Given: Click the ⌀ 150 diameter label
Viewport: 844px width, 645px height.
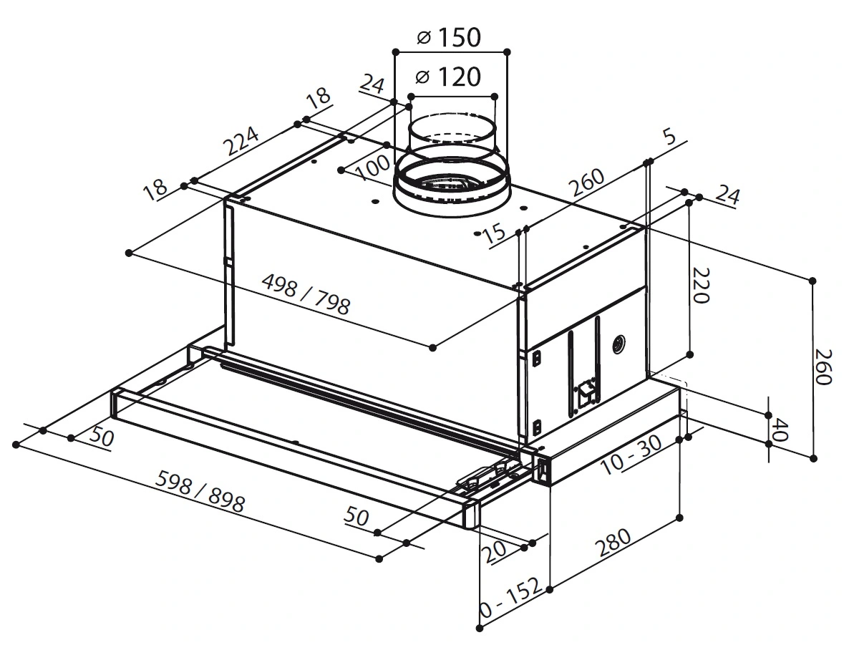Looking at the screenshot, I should pos(448,37).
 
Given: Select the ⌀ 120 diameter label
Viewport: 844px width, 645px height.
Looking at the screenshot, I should pos(448,76).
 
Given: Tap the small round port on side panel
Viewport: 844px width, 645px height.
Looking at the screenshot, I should pos(619,345).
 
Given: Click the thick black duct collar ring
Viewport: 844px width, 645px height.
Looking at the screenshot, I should pos(452,185).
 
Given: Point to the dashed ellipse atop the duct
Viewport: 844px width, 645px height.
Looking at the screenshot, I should pos(451,135).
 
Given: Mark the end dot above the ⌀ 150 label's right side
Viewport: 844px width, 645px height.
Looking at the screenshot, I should pos(507,52).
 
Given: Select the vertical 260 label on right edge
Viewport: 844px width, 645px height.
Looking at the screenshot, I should pos(825,368).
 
